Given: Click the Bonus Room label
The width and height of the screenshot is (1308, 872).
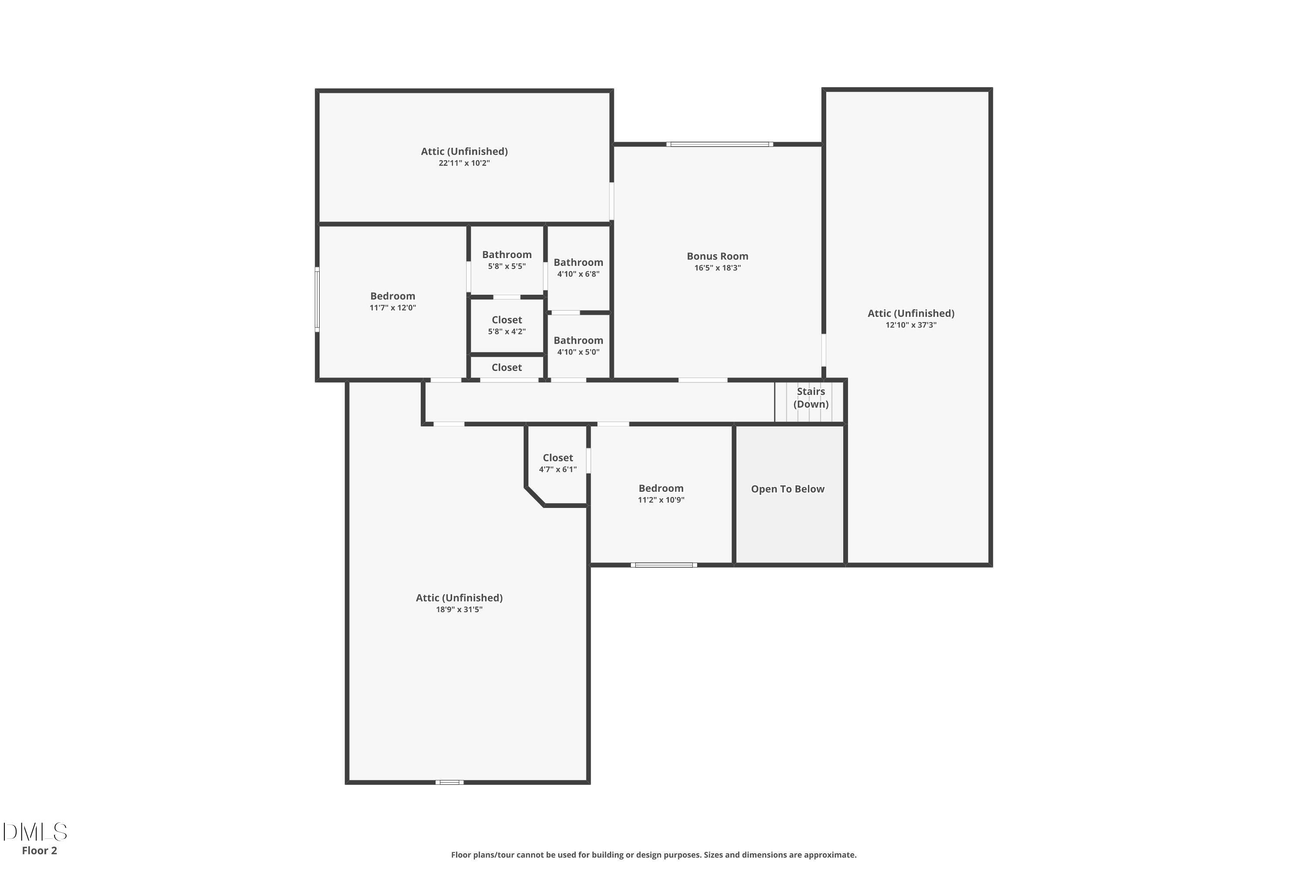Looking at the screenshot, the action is pos(717,256).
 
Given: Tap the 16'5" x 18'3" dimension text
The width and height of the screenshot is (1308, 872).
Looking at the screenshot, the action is pos(717,268).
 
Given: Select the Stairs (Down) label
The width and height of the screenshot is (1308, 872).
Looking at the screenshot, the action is pos(811,398).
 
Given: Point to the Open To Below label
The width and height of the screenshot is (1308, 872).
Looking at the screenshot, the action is pos(787,489).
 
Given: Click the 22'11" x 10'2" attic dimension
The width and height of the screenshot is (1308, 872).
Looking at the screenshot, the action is pos(464,163).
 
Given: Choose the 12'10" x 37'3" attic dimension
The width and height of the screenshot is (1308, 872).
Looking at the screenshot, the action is pos(911,325).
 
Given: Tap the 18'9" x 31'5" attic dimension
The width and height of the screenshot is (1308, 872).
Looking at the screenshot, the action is pos(460,610).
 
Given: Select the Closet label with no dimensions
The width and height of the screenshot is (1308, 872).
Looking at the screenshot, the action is pos(507,368).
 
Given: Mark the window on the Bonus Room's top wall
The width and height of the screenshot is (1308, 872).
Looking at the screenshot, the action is pos(720,144).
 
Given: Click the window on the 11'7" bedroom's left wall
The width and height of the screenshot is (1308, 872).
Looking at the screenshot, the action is pos(317,300).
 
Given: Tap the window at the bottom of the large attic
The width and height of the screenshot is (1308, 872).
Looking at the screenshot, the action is pos(450,782).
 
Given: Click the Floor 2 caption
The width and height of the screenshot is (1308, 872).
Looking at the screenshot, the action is pos(40,850).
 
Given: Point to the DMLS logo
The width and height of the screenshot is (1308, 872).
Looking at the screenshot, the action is pos(35,832).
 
